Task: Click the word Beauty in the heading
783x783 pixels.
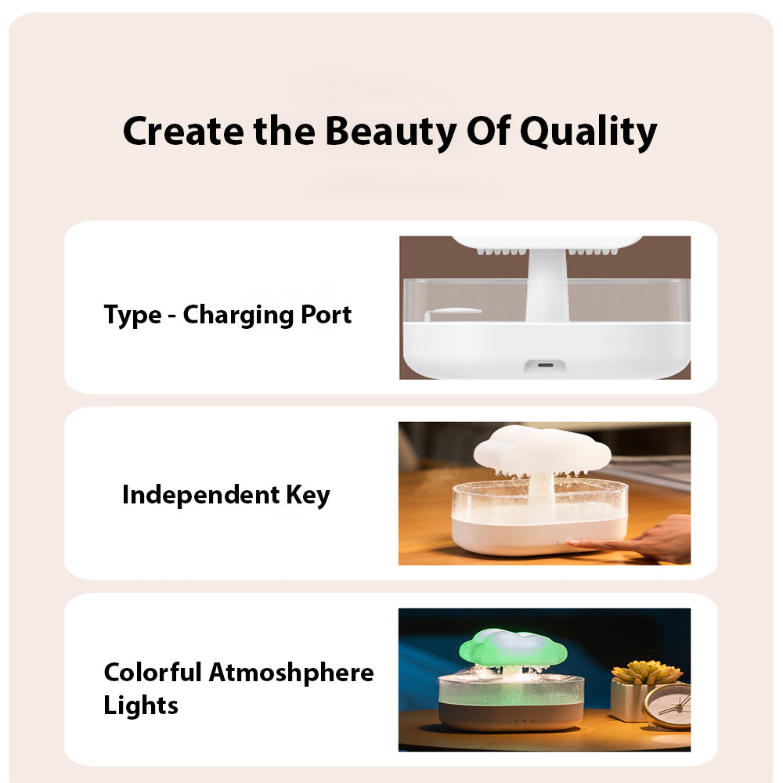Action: tap(391, 132)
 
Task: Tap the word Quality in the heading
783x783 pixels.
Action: tap(589, 132)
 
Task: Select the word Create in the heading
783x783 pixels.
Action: tap(183, 132)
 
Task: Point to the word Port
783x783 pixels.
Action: tap(327, 315)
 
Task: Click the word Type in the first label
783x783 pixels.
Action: tap(133, 316)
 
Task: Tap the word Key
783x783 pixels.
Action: tap(308, 496)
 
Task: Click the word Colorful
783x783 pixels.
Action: tap(153, 672)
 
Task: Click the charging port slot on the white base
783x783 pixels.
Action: tap(545, 365)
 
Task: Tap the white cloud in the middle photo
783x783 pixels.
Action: tap(543, 449)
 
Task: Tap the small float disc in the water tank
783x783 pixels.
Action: tap(454, 312)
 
